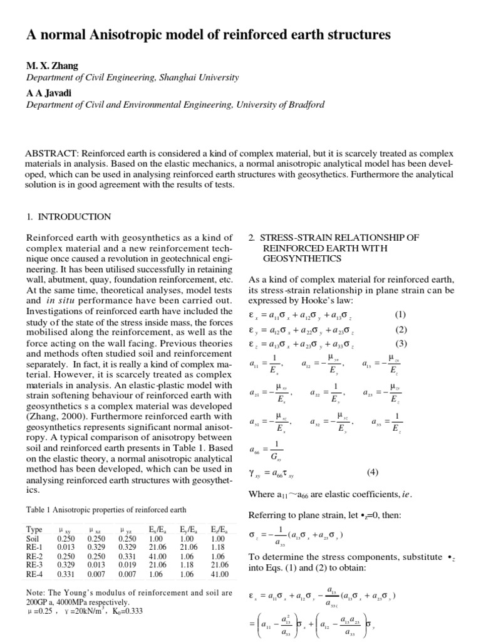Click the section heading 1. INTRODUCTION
point(69,217)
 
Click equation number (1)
point(401,314)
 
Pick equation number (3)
point(401,343)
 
